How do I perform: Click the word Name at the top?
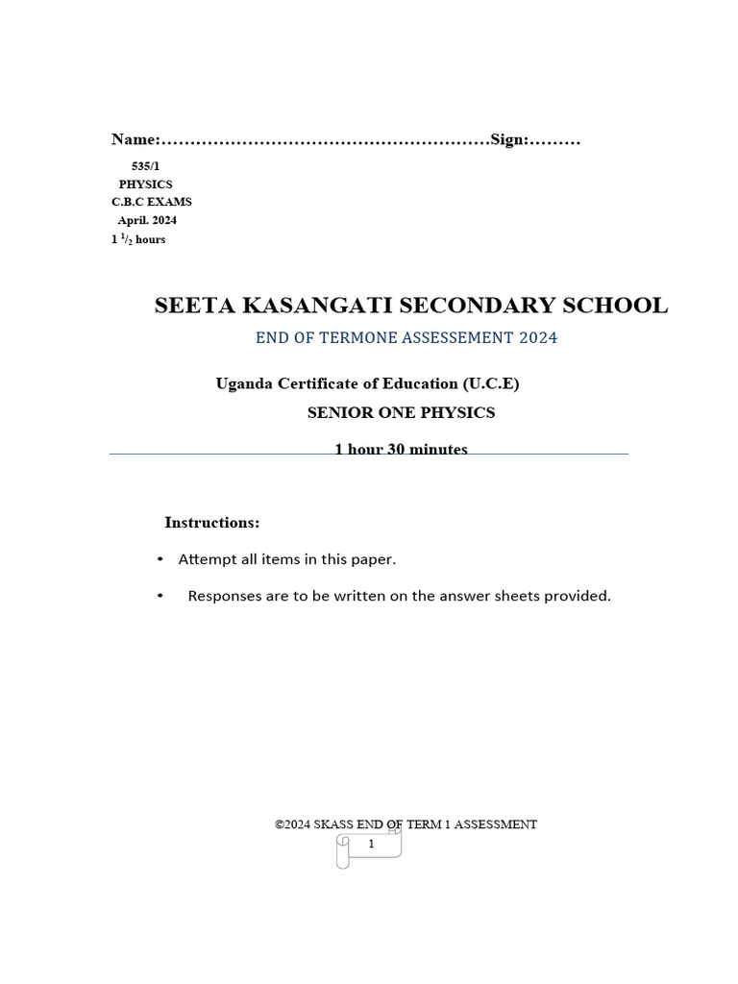pos(132,139)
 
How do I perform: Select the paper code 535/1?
pos(145,166)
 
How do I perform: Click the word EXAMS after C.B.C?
pos(171,203)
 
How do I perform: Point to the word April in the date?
pos(132,221)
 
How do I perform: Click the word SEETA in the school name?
pos(193,307)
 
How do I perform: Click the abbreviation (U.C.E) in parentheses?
pos(490,384)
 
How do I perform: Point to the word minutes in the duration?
pos(438,449)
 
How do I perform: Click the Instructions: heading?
pos(211,523)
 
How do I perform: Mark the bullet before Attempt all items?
pos(160,559)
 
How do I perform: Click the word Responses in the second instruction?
pos(225,596)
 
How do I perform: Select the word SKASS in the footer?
pos(333,824)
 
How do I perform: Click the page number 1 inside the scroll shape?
pos(371,845)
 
